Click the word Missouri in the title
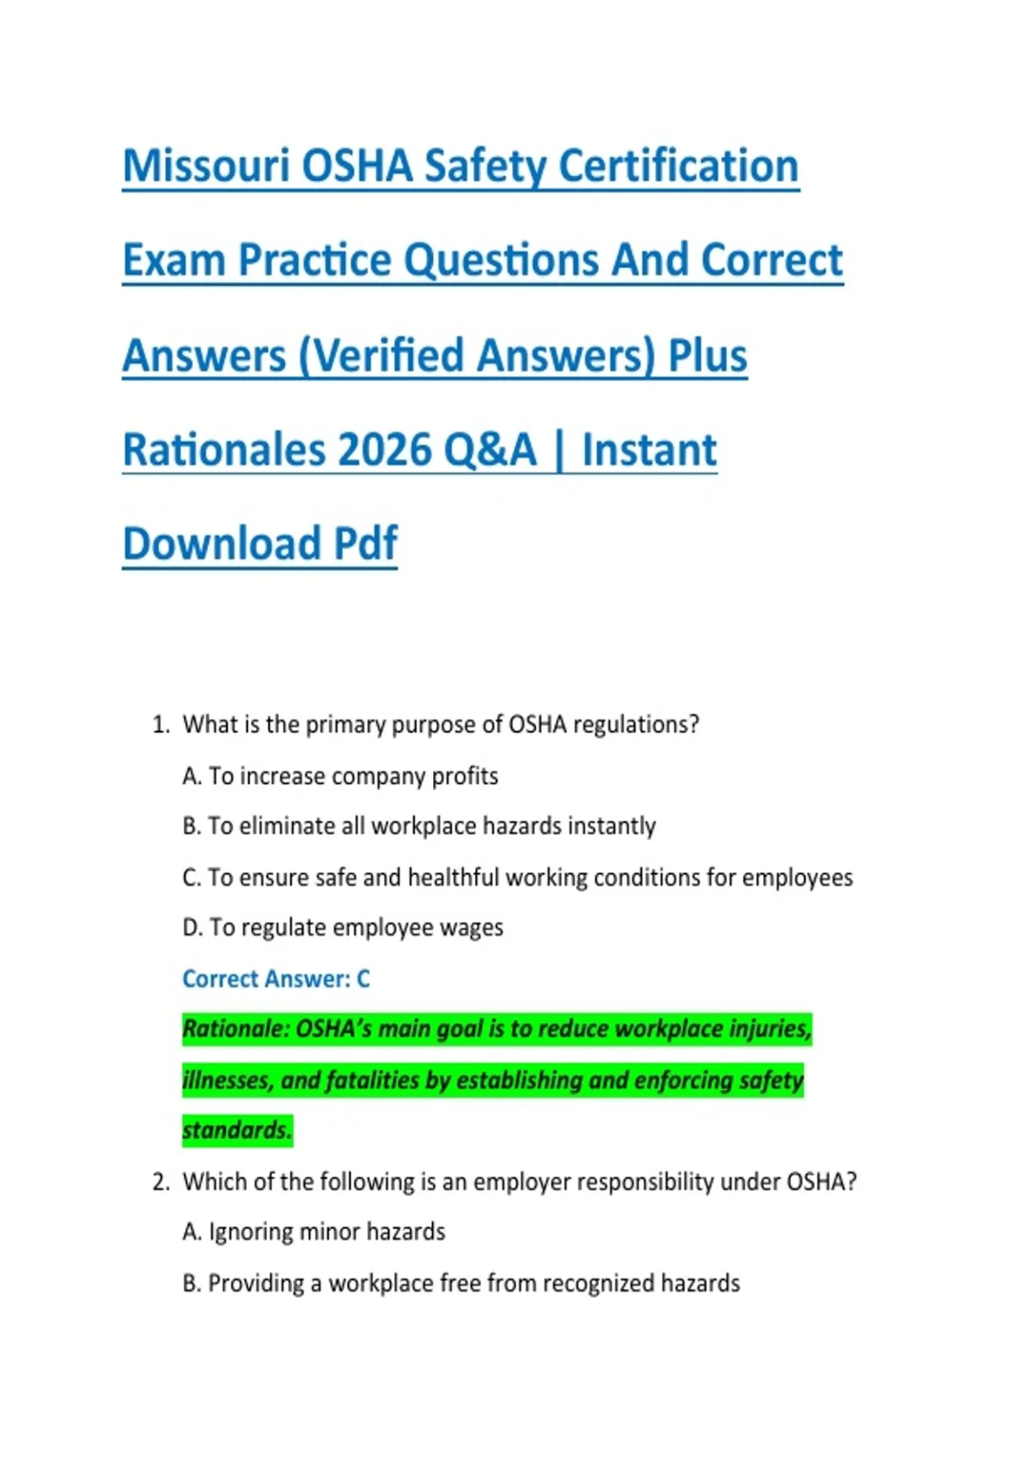point(206,166)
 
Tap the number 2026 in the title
point(384,449)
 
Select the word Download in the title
point(222,543)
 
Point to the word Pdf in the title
point(365,543)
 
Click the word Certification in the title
point(678,166)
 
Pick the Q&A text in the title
point(490,449)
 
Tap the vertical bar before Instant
point(558,450)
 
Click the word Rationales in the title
point(223,449)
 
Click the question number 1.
point(161,724)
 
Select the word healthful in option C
point(454,877)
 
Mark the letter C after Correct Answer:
point(363,979)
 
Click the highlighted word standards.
point(237,1130)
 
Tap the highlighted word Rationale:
point(236,1030)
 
